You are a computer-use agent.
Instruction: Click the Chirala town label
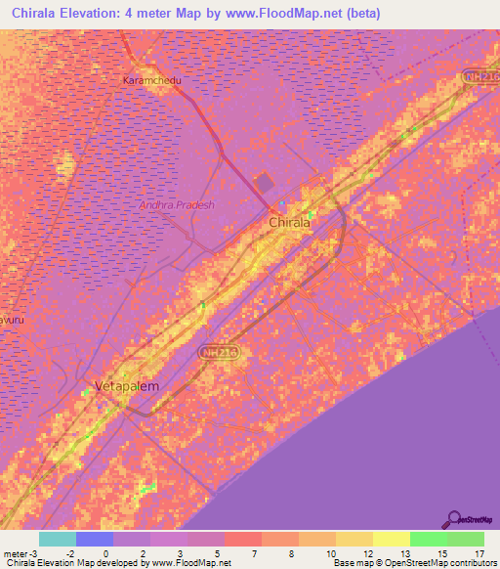point(289,223)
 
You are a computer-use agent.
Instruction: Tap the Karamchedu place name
point(152,81)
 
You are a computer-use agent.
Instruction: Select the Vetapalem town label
point(127,386)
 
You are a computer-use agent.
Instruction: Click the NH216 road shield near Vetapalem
point(220,350)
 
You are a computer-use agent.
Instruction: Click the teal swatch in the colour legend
point(58,539)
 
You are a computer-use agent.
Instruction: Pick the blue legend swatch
point(95,539)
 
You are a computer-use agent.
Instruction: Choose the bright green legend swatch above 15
point(429,539)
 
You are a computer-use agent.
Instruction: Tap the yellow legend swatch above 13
point(392,539)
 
